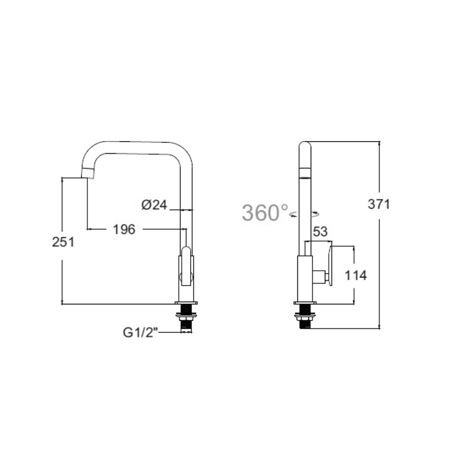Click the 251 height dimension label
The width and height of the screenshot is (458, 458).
(63, 242)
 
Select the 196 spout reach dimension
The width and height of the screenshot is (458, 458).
(124, 229)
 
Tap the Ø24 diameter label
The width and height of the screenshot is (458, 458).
(154, 205)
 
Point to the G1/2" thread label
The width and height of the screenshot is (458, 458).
(141, 333)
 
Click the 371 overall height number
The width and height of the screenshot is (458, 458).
(379, 204)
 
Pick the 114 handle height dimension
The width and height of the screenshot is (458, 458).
(356, 275)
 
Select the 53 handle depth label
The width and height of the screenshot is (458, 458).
(320, 232)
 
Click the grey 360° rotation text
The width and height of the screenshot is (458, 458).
(265, 213)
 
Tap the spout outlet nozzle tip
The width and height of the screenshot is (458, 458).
(88, 173)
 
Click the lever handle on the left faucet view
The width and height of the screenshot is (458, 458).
(186, 266)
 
